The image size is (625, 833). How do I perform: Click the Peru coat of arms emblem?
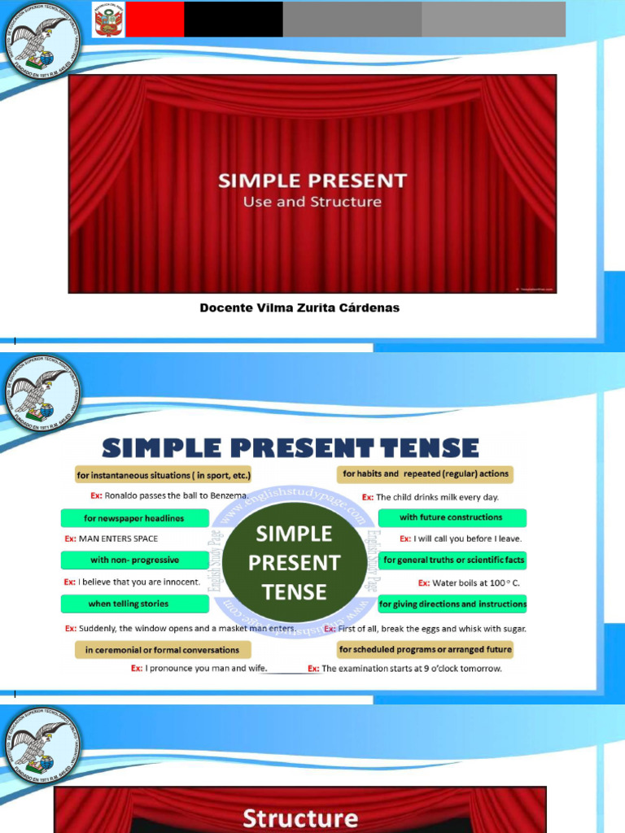coord(108,20)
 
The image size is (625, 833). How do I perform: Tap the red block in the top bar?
coord(154,20)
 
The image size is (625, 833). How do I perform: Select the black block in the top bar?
coord(234,20)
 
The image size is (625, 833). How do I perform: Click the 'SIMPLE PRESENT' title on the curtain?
coord(312,181)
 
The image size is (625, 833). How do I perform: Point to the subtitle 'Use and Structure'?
coord(312,202)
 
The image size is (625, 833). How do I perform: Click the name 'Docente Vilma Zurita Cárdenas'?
coord(299,308)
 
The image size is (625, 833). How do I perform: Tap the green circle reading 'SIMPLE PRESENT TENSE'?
coord(294,562)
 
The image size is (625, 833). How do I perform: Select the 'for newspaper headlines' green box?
coord(134,518)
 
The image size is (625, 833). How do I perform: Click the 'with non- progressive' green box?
coord(134,560)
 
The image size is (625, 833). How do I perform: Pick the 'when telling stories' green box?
coord(129,604)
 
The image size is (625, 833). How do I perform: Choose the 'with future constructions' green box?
coord(451,517)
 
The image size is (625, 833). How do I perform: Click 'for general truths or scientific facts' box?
coord(453,560)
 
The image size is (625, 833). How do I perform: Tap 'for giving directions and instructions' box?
coord(452,604)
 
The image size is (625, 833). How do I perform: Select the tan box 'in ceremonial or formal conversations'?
coord(162,650)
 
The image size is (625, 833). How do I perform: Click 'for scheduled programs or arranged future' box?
coord(425,649)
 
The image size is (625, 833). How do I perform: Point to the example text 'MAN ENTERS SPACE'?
coord(118,539)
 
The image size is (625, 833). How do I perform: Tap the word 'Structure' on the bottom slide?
coord(299,818)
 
